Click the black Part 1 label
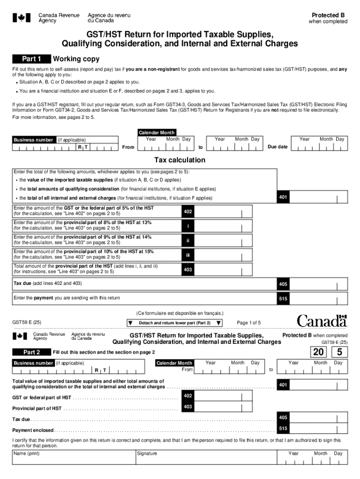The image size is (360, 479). (x=31, y=59)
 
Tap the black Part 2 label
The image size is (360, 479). (x=31, y=352)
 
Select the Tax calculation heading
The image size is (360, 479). (x=180, y=160)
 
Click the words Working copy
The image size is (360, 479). (x=76, y=59)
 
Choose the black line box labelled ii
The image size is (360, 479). (x=187, y=240)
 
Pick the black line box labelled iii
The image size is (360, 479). (x=187, y=255)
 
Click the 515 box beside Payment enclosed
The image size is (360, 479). (x=283, y=428)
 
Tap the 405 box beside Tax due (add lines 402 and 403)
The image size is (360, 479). (x=283, y=284)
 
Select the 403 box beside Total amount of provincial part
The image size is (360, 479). (x=187, y=269)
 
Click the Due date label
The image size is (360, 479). (x=277, y=147)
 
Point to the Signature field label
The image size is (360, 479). (x=147, y=453)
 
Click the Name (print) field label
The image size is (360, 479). (x=27, y=453)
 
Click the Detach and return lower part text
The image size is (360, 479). (x=174, y=323)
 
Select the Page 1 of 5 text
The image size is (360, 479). (x=249, y=323)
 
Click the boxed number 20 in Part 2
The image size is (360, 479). (x=321, y=352)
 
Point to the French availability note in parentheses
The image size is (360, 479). (x=180, y=313)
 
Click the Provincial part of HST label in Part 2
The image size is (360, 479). (x=37, y=408)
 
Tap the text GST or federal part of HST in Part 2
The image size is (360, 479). (x=42, y=398)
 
